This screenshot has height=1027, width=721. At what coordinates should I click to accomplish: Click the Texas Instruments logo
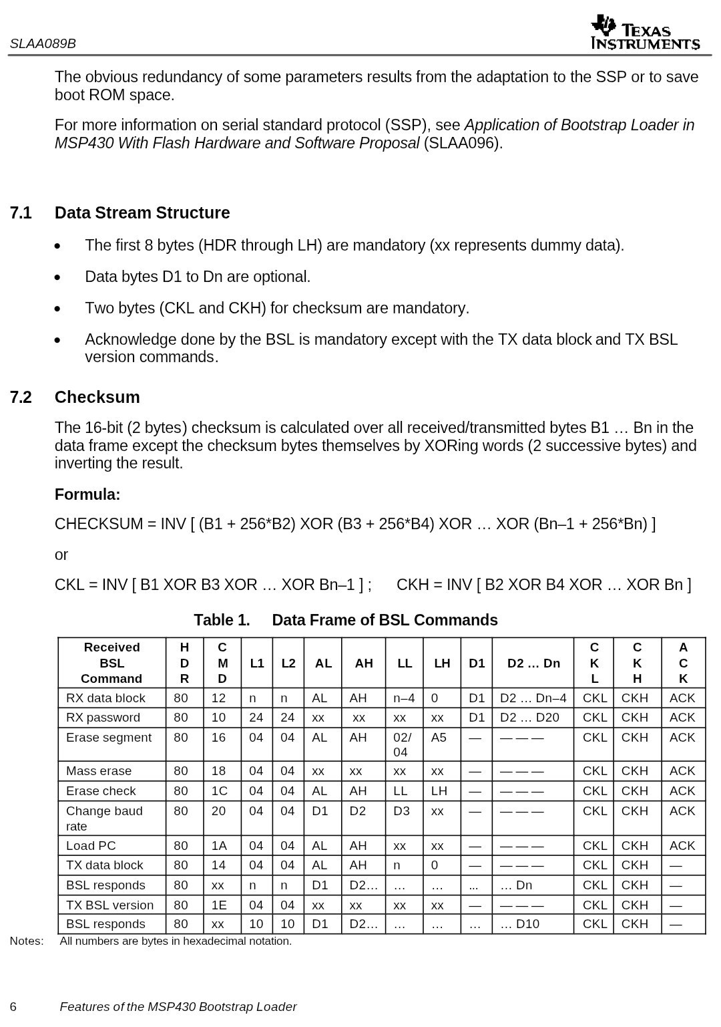pos(644,33)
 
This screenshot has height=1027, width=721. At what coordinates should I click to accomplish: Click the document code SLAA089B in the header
pos(43,44)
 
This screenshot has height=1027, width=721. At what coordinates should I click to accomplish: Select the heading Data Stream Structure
pos(142,213)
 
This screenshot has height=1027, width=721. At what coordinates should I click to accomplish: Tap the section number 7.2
pos(21,398)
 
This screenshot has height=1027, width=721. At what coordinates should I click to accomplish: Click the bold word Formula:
pos(87,495)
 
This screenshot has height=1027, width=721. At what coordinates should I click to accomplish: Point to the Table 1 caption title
pos(345,620)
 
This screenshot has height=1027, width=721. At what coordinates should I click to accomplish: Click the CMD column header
pos(222,663)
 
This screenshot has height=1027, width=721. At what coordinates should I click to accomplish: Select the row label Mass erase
pos(99,771)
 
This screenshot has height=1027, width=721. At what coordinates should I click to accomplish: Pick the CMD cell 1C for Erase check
pos(220,791)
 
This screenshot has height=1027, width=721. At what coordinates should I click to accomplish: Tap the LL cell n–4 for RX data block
pos(404,698)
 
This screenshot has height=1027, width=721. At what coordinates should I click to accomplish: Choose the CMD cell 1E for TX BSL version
pos(220,905)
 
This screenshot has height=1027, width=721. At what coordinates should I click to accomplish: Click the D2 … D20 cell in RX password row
pos(529,718)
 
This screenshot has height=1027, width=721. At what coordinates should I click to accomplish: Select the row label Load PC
pos(91,846)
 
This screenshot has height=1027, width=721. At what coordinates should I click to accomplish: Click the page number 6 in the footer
pos(13,1007)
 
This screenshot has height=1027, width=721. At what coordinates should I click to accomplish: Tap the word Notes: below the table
pos(27,941)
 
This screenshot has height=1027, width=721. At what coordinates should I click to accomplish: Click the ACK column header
pos(683,663)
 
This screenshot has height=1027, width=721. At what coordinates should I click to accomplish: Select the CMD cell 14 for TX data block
pos(219,865)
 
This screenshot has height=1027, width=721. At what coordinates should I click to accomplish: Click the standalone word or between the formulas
pos(61,555)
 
